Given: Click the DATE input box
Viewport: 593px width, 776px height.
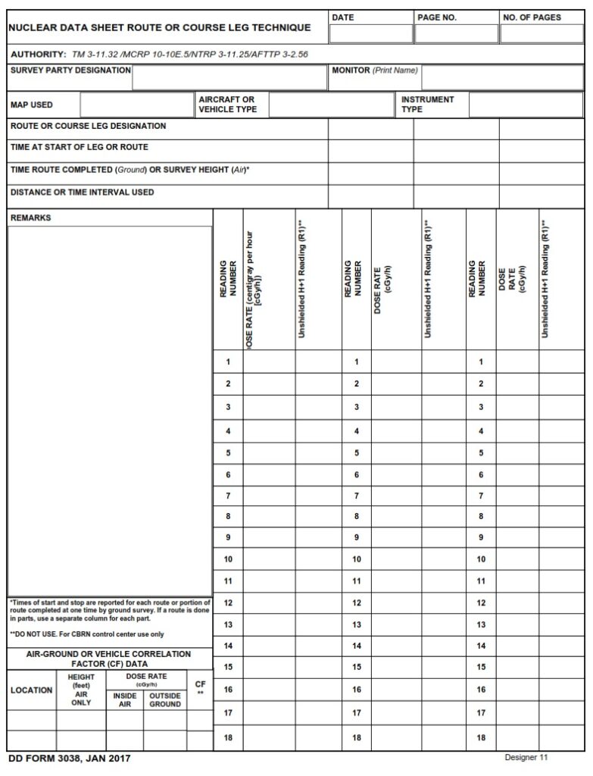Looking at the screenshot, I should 370,34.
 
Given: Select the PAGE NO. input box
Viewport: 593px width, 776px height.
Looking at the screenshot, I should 455,34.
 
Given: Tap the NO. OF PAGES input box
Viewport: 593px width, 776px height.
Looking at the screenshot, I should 541,34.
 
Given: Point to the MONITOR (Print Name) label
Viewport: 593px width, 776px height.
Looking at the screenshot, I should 375,70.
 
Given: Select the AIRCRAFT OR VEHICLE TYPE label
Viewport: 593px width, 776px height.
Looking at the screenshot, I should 227,105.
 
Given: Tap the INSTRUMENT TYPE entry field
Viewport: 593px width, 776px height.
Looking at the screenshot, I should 526,105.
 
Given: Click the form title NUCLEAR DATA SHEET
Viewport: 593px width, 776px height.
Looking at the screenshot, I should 159,27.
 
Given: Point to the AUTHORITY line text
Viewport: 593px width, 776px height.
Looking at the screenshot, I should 159,55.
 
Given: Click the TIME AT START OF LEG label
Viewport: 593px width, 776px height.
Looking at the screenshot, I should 79,147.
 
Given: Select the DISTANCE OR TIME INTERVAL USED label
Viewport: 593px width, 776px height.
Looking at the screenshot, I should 82,192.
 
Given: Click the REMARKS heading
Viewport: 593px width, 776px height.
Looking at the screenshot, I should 31,218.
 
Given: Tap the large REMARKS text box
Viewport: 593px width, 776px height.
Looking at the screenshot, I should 110,409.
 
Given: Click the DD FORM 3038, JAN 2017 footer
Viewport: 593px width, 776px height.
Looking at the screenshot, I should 63,759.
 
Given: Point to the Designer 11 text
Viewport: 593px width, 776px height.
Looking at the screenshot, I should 526,757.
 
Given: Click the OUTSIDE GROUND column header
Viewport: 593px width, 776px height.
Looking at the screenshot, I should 164,699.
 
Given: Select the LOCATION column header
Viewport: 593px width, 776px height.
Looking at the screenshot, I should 32,690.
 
